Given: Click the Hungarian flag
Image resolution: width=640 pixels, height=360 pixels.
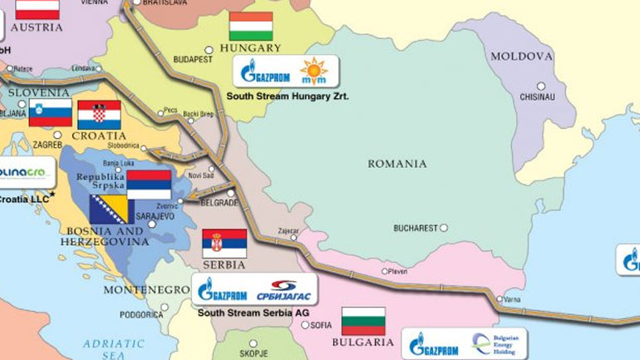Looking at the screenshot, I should (251, 27).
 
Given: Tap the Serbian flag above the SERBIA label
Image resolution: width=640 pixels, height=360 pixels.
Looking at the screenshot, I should (224, 243).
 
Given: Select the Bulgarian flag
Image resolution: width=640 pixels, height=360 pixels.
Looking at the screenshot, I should (363, 321).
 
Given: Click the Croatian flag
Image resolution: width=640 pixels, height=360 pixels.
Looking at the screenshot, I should (99, 115).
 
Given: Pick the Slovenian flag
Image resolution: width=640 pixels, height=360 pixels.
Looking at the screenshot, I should (50, 112).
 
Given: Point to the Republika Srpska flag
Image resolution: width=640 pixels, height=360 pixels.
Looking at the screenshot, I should (149, 184).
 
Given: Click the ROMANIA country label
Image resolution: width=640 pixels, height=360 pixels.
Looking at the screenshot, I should (397, 164).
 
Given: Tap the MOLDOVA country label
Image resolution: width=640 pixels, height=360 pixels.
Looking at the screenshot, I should (521, 57).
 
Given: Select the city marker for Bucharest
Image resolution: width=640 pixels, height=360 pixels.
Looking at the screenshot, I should (444, 227).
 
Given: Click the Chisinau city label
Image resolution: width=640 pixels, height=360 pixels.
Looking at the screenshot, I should (536, 96).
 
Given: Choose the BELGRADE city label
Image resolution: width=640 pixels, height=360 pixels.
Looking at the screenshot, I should (220, 202).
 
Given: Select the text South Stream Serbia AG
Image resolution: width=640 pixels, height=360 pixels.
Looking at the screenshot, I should (252, 313).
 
